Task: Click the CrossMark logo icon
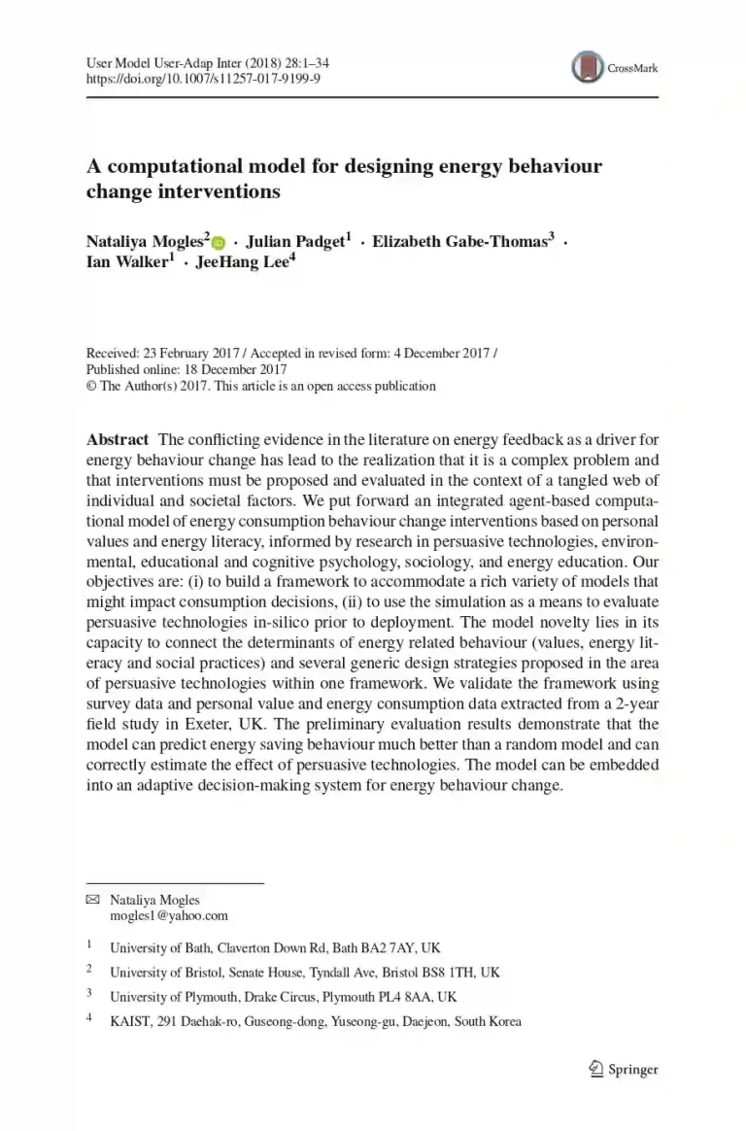click(x=587, y=67)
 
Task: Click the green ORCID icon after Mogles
click(x=218, y=243)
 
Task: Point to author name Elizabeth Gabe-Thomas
click(x=459, y=242)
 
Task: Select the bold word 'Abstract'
click(x=117, y=439)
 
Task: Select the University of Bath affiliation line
click(x=275, y=946)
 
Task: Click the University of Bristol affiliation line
click(x=305, y=972)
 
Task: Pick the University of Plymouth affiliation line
click(x=283, y=997)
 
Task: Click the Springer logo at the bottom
click(x=626, y=1070)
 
